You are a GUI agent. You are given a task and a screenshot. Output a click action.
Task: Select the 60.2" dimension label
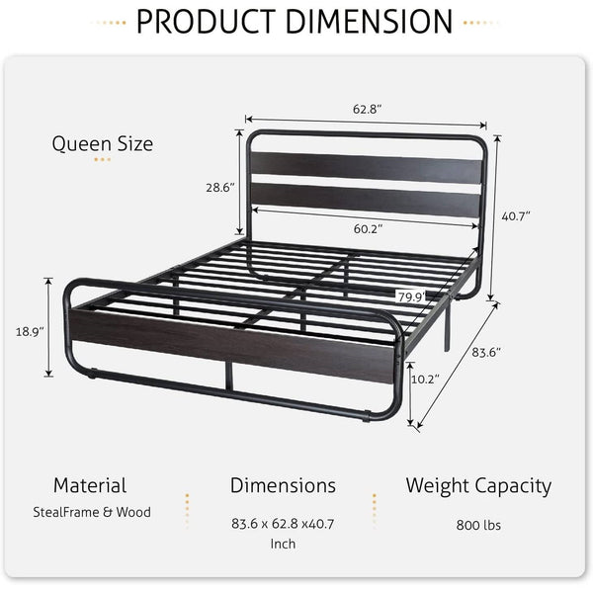[369, 228]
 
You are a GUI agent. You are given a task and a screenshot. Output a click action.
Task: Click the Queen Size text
[103, 144]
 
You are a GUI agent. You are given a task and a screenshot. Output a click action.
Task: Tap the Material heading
[90, 485]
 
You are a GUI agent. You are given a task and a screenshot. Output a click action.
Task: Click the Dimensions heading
[283, 485]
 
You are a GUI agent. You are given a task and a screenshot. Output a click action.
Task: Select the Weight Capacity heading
[477, 485]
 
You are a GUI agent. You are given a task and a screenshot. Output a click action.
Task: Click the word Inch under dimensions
[283, 543]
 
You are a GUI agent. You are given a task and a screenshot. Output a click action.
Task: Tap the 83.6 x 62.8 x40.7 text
[283, 525]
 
